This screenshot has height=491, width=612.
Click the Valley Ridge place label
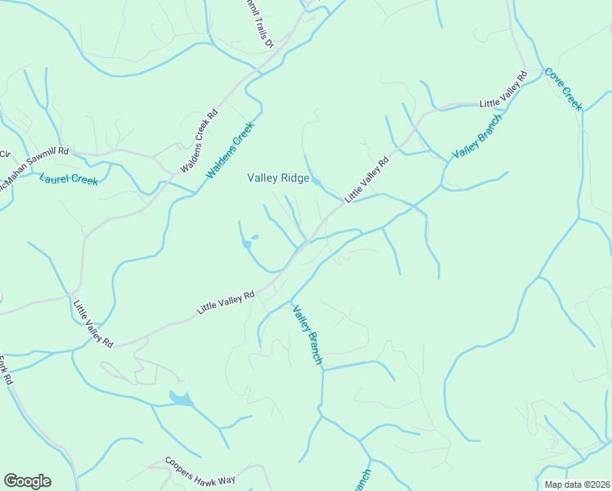(278, 178)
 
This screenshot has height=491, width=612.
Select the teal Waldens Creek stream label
(231, 151)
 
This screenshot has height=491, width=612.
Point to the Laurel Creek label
(68, 179)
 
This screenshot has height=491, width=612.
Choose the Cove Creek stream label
(563, 88)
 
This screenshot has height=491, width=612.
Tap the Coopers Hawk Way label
(200, 471)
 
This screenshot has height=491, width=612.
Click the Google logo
(27, 481)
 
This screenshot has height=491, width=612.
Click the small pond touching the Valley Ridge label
(316, 182)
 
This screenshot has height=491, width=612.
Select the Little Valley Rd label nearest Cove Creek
(503, 91)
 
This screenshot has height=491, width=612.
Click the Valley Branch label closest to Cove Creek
(477, 136)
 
